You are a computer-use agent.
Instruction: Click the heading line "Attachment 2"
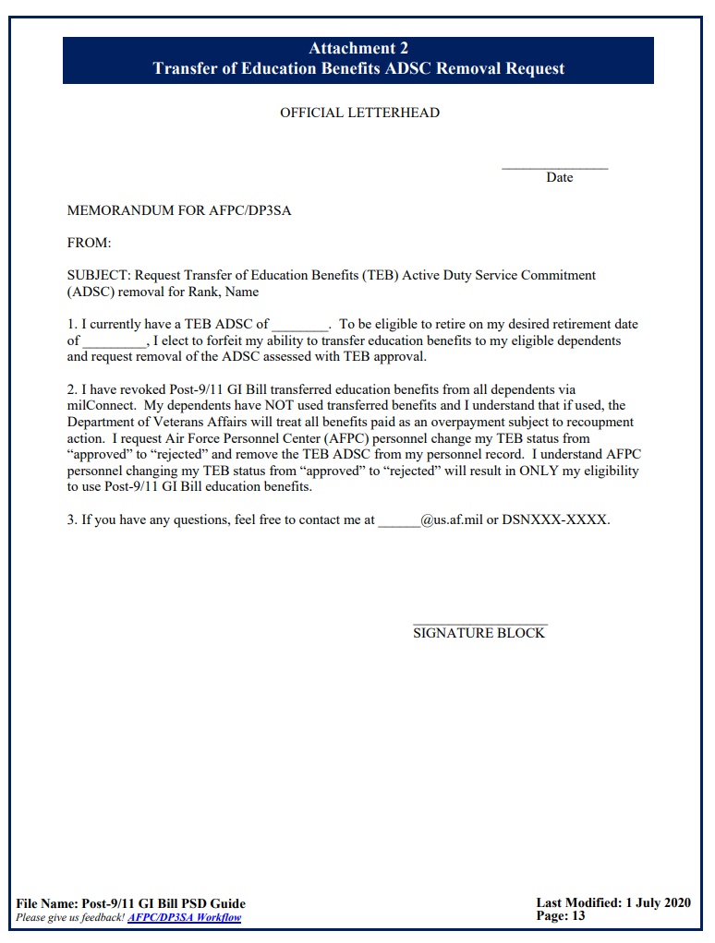[358, 49]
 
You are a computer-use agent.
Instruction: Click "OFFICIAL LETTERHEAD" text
[359, 113]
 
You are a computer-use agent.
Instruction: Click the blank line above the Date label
[554, 167]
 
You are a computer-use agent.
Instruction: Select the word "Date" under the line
[559, 177]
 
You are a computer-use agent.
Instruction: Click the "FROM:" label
[89, 243]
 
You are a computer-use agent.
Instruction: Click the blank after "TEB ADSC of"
[300, 326]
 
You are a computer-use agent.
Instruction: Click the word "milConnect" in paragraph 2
[102, 405]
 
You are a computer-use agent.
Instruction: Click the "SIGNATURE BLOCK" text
[479, 633]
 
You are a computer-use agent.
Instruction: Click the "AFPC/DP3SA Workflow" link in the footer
[185, 917]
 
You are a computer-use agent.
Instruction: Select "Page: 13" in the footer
[561, 916]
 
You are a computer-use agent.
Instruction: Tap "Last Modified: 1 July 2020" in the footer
[613, 902]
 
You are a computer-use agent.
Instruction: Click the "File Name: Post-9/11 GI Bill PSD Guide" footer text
[131, 903]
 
